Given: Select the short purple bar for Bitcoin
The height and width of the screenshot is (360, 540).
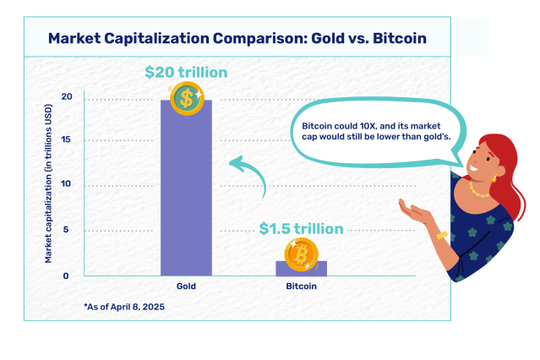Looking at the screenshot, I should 301,269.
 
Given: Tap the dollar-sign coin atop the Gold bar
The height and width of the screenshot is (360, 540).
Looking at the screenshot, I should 185,100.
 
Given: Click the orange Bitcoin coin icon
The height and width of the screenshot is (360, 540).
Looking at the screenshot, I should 301,254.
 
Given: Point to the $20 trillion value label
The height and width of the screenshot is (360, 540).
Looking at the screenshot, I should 186,73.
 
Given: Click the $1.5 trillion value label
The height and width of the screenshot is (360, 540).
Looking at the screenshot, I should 301,228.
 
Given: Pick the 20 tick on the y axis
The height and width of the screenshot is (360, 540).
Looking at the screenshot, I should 66,98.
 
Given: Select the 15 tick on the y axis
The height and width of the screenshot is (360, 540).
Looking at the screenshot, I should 66,140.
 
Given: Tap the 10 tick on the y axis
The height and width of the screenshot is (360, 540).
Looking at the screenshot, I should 66,185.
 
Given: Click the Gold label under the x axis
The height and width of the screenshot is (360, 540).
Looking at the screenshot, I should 186,287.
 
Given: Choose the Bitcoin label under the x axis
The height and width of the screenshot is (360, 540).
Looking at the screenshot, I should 301,287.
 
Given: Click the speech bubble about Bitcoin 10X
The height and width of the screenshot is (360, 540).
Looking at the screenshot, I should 372,132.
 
